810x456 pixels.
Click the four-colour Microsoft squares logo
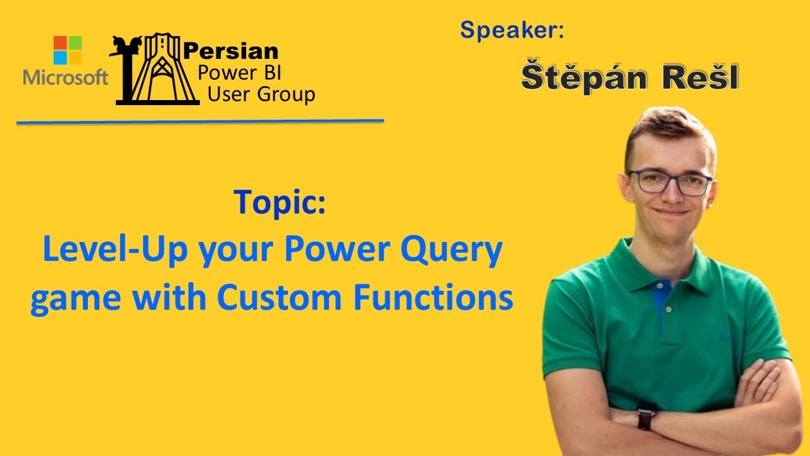click(x=68, y=50)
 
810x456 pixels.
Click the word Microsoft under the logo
click(x=66, y=78)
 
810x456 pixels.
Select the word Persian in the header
click(x=230, y=51)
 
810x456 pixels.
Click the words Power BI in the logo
click(x=235, y=73)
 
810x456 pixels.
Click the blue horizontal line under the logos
click(x=200, y=121)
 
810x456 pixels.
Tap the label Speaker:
click(x=512, y=29)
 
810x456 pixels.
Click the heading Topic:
click(x=279, y=202)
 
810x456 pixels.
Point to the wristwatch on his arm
click(x=646, y=416)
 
